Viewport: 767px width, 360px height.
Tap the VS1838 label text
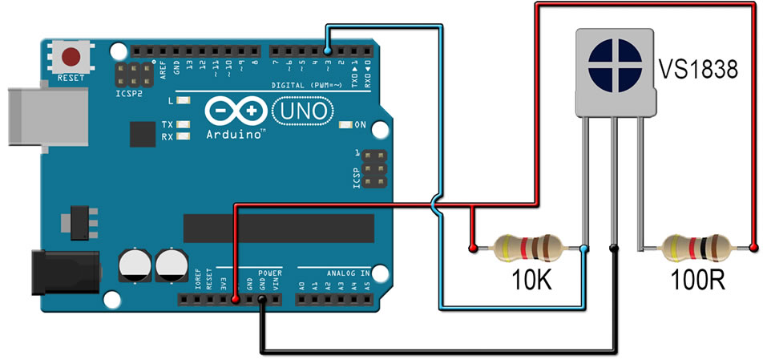[698, 71]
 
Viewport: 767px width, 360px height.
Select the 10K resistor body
[526, 248]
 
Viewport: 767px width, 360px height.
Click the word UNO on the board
[303, 111]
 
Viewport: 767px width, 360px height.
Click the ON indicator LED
[345, 125]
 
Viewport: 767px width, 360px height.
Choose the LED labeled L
[184, 102]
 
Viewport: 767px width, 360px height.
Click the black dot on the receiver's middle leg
[613, 248]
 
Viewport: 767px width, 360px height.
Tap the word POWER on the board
[270, 273]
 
